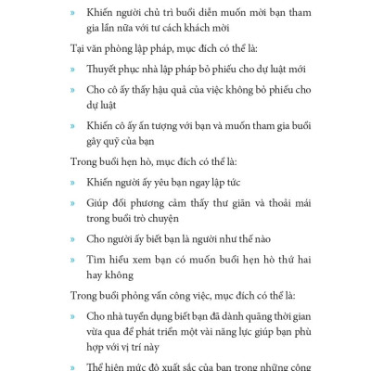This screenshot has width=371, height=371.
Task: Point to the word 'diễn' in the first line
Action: point(225,12)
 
